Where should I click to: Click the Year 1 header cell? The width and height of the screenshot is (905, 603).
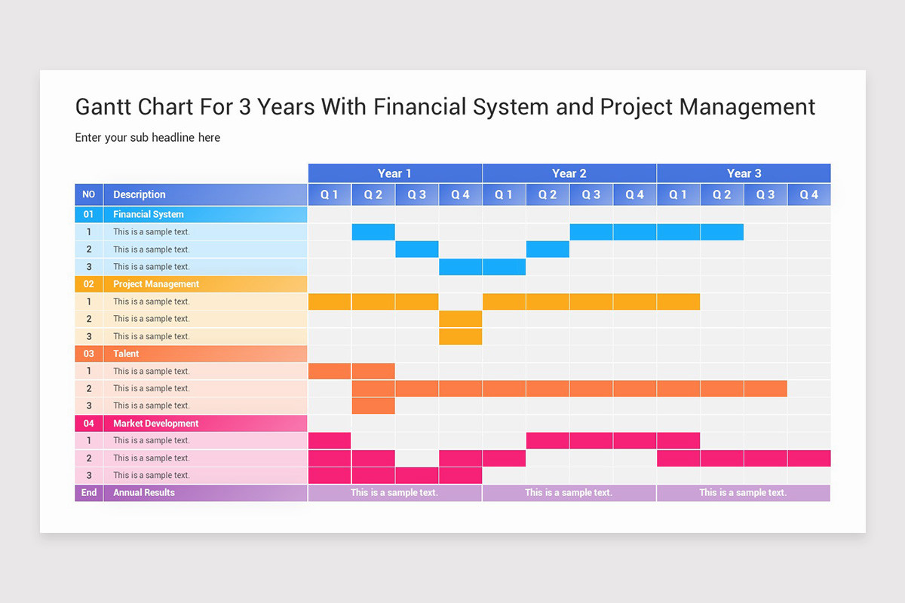tap(394, 173)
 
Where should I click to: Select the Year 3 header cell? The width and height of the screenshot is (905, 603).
tap(744, 173)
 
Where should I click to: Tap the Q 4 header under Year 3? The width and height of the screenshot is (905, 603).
tap(808, 194)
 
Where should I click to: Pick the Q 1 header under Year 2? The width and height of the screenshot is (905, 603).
tap(504, 194)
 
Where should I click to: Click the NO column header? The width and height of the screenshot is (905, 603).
tap(89, 194)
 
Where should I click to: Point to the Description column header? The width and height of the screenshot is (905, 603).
tap(140, 194)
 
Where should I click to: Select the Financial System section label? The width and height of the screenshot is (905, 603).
tap(149, 215)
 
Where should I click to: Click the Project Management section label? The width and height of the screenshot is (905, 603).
tap(156, 284)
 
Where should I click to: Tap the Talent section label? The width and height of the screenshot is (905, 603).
tap(126, 354)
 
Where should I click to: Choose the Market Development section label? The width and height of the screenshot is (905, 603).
tap(156, 424)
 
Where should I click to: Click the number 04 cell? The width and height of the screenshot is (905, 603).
tap(89, 424)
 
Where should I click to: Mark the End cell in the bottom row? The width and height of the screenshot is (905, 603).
tap(89, 493)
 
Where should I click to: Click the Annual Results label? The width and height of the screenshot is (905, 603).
tap(144, 493)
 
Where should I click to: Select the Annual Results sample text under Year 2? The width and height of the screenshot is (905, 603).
tap(569, 493)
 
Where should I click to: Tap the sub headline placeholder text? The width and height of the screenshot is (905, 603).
tap(148, 138)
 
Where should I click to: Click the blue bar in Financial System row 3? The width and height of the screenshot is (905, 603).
tap(482, 267)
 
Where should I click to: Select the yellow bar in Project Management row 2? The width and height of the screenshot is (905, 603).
tap(460, 319)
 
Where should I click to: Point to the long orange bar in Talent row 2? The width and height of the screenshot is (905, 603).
tap(569, 388)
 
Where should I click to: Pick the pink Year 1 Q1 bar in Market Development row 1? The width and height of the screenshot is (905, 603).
tap(330, 440)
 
